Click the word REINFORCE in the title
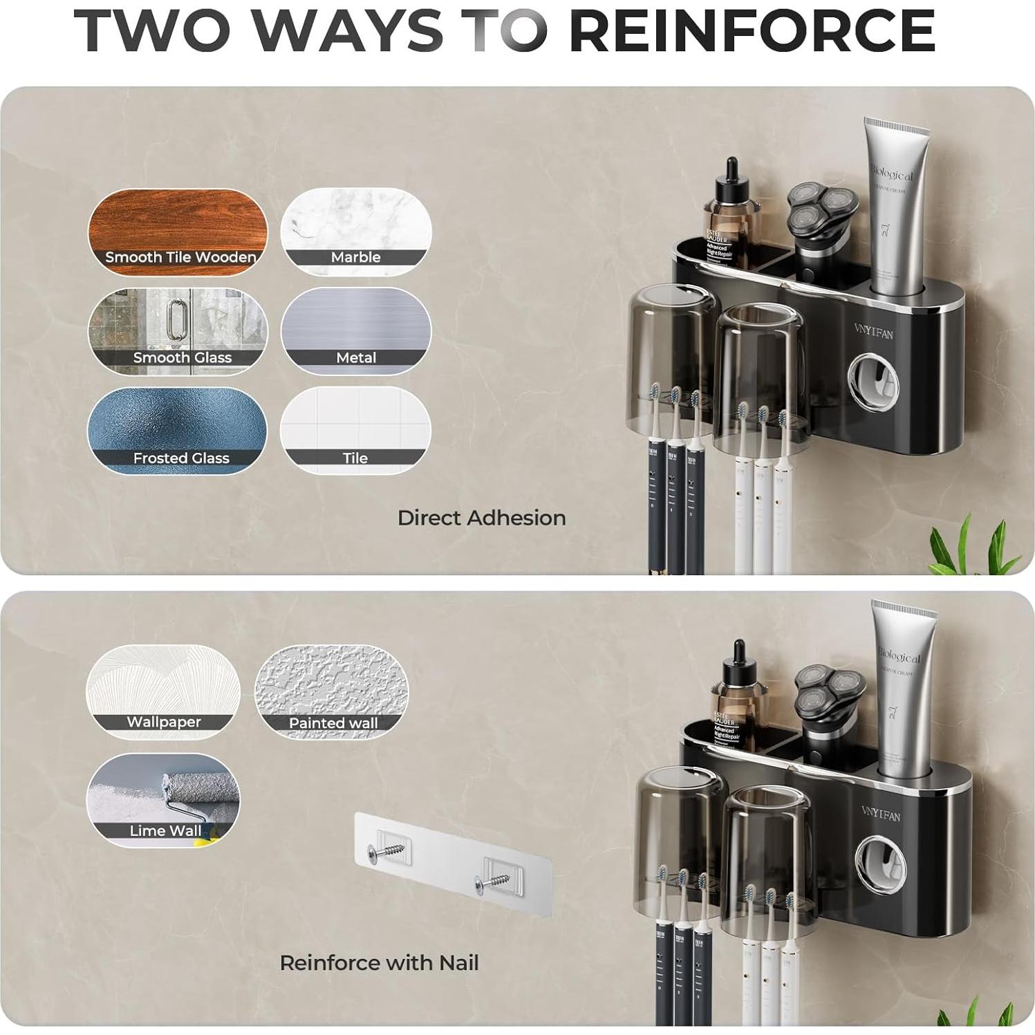pos(752,31)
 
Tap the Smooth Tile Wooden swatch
pos(178,232)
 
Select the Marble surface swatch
pos(355,232)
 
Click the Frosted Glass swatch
pos(178,431)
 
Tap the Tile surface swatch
pos(355,431)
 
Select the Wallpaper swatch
pos(163,691)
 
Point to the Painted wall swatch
pos(332,691)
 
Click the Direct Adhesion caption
pos(481,518)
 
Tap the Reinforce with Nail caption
pos(379,962)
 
